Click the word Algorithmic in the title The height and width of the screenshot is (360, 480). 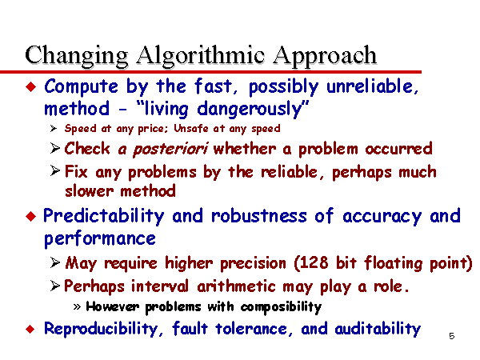tap(200, 56)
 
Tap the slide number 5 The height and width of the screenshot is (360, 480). tap(451, 336)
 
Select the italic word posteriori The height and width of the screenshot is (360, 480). tap(171, 149)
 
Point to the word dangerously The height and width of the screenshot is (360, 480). tap(249, 109)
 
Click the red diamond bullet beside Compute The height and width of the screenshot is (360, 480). tap(31, 87)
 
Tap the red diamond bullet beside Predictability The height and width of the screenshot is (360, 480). tap(31, 217)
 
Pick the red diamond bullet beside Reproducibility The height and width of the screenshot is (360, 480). tap(30, 330)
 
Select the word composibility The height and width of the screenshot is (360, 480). tap(281, 307)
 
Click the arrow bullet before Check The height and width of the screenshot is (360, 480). tap(55, 149)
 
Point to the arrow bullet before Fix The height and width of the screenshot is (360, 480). tap(55, 171)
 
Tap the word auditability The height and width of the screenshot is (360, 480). tap(378, 329)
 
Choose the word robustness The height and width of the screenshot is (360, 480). tap(259, 215)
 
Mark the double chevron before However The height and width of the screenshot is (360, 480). tap(77, 306)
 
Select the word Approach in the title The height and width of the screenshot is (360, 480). tap(325, 56)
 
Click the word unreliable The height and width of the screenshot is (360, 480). tap(372, 86)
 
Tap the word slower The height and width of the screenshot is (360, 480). tap(90, 191)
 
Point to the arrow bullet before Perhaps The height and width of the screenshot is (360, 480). tap(55, 286)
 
